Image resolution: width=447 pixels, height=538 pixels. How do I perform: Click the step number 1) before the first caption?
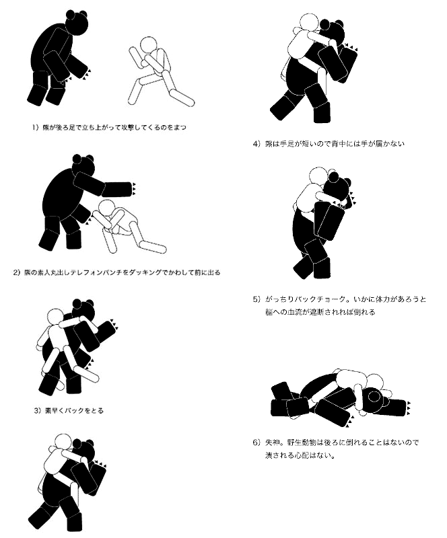click(x=36, y=127)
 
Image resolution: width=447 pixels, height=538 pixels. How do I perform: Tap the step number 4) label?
click(x=256, y=144)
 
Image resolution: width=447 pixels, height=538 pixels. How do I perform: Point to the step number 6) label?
click(x=256, y=443)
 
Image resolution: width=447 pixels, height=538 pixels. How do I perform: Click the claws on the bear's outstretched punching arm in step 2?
click(x=134, y=189)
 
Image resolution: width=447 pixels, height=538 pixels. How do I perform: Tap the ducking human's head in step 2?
click(x=106, y=208)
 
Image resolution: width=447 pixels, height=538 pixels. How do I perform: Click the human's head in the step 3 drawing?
click(x=55, y=317)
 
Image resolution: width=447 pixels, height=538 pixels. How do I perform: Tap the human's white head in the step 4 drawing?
click(x=308, y=23)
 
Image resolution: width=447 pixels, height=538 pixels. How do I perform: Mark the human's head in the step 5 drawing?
click(x=318, y=176)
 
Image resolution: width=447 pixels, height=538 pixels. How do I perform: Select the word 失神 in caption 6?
click(x=272, y=443)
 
